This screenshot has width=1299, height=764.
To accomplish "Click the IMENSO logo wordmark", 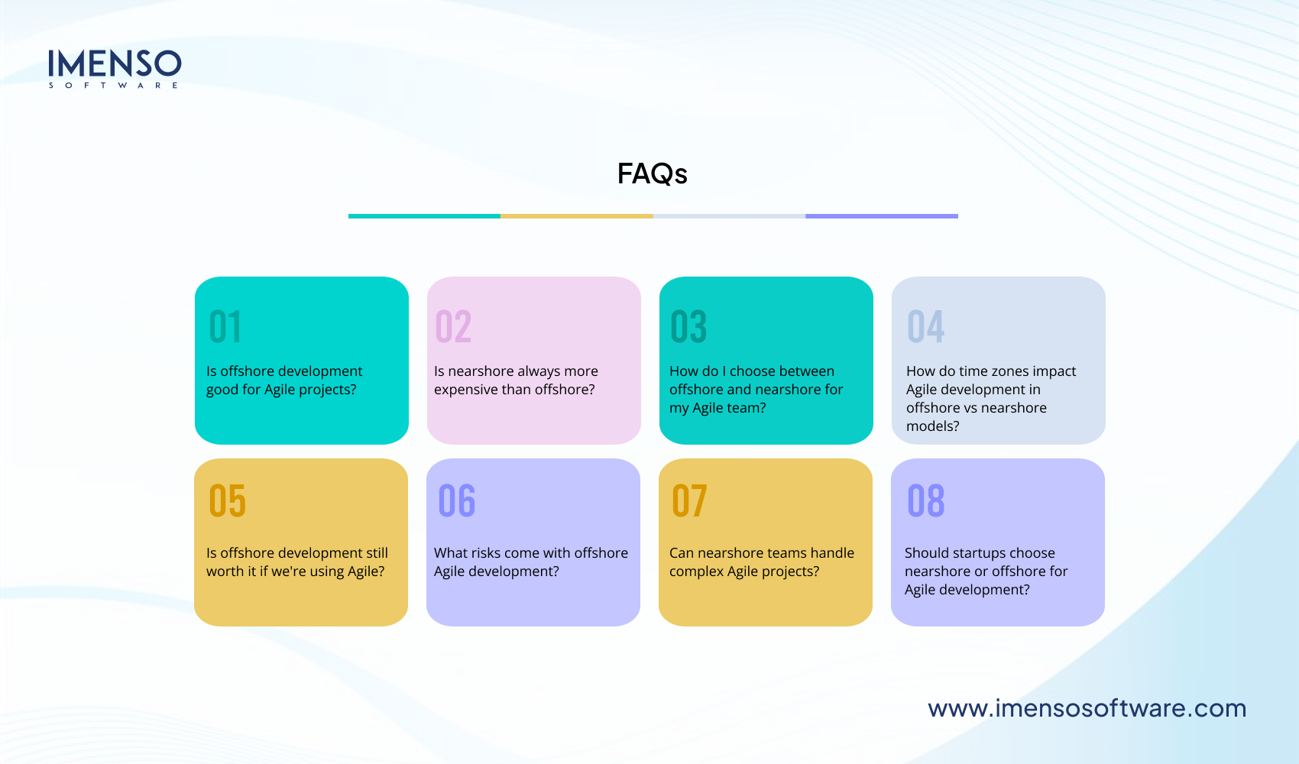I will [x=115, y=63].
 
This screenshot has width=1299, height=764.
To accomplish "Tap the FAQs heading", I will [x=652, y=174].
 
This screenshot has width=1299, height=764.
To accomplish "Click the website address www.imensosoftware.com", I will [x=1087, y=708].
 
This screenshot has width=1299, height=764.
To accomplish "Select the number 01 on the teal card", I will [x=225, y=327].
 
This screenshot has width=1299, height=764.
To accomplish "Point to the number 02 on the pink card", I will [x=453, y=327].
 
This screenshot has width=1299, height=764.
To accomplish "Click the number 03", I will [x=688, y=327].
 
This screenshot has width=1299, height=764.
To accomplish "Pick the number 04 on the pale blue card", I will [x=925, y=327].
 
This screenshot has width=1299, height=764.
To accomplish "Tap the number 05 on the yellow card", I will [x=228, y=501].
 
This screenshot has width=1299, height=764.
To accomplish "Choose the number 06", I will [x=457, y=501].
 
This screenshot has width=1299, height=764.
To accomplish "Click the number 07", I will [x=689, y=501].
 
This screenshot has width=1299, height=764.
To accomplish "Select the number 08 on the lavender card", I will [x=926, y=501].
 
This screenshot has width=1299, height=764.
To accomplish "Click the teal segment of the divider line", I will [x=424, y=216].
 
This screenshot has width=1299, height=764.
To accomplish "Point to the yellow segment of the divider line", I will [x=576, y=216].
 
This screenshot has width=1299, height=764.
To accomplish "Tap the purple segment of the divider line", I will [x=881, y=216].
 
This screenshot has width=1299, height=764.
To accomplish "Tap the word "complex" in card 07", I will [x=696, y=571].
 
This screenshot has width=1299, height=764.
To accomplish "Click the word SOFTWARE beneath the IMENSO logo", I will [x=114, y=86].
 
